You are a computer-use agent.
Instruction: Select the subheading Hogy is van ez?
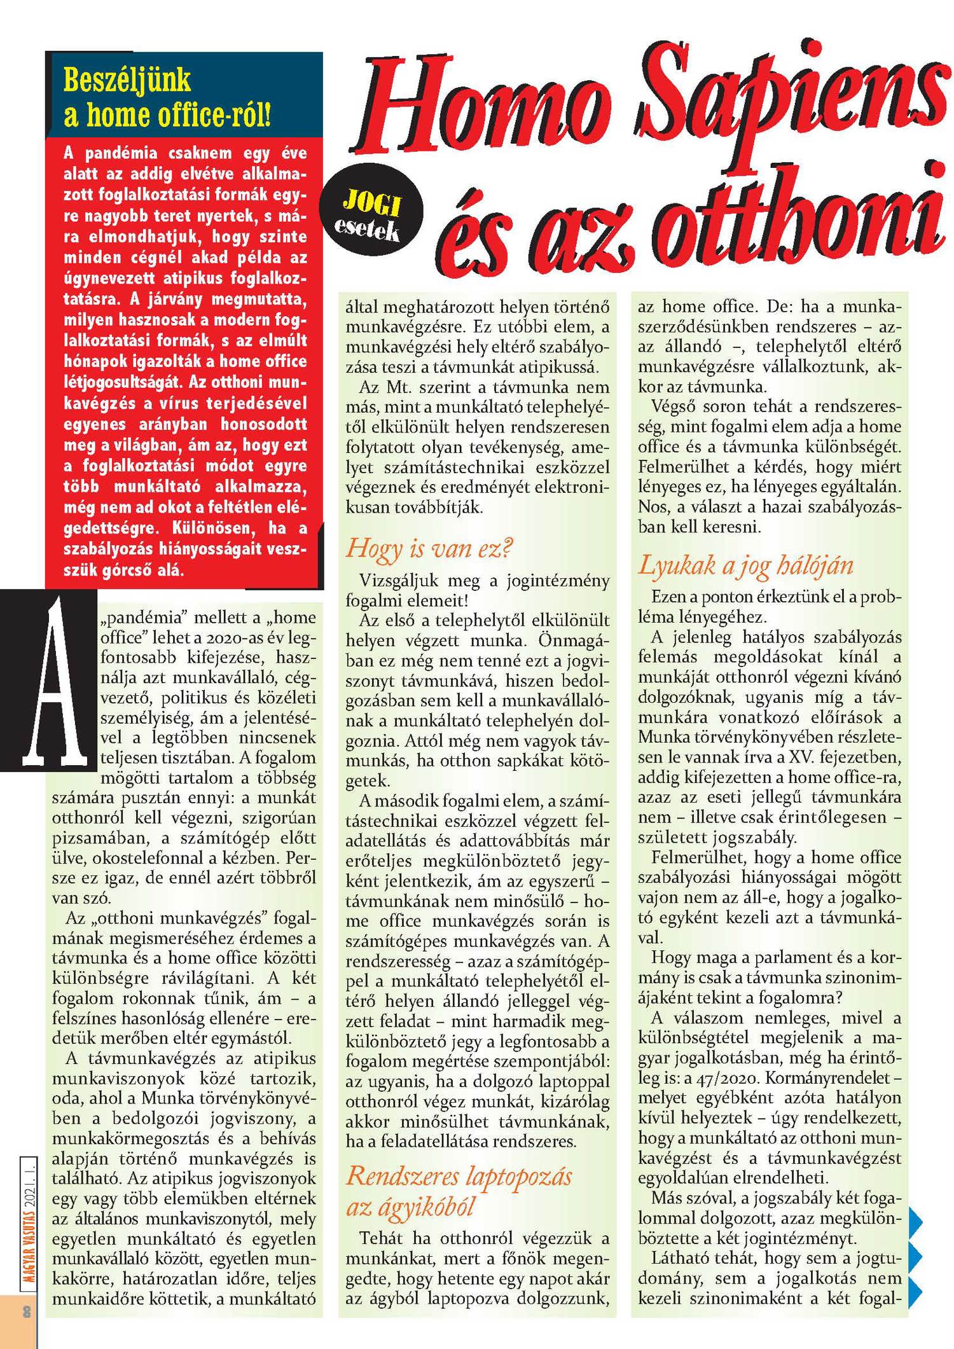pyautogui.click(x=429, y=548)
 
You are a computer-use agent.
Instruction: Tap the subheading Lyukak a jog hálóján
pyautogui.click(x=745, y=565)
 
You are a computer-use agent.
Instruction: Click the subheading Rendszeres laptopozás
pyautogui.click(x=459, y=1176)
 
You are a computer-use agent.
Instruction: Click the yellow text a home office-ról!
pyautogui.click(x=167, y=115)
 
